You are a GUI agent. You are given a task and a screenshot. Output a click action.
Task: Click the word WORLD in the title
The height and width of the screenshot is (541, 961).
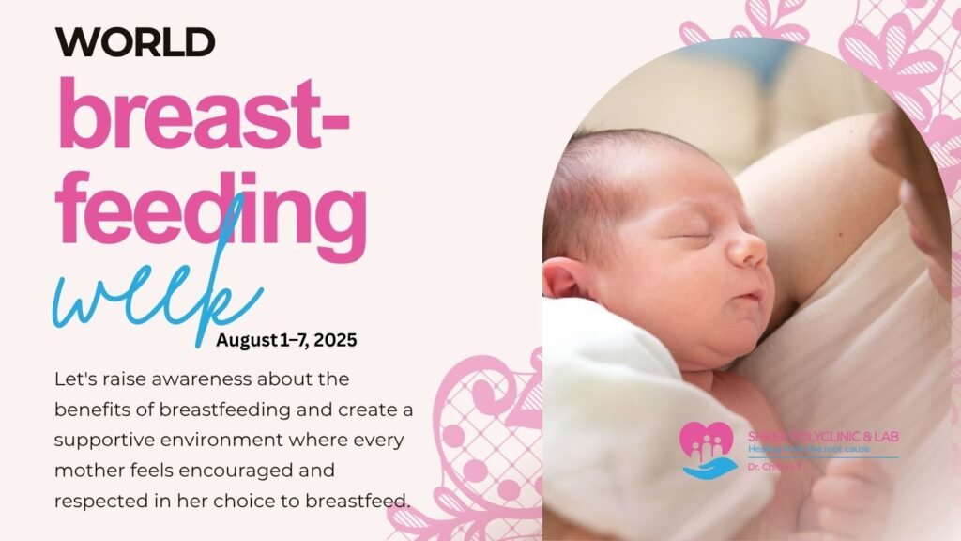point(135,41)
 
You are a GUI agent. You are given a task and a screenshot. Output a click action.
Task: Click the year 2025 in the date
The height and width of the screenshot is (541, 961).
point(337,340)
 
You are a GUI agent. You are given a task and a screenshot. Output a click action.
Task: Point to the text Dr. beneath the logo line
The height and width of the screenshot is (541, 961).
point(755,465)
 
